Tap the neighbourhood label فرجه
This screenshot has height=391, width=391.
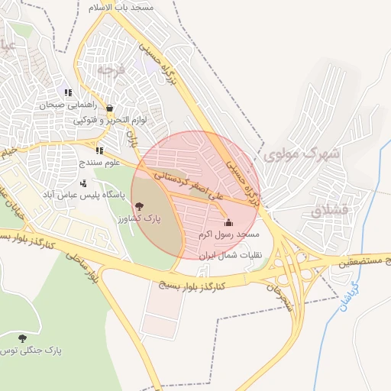pos(110,69)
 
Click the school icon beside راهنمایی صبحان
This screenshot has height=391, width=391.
pos(68,93)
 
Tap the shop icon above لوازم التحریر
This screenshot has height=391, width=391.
pos(111,108)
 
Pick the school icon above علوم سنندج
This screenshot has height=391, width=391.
pos(99,150)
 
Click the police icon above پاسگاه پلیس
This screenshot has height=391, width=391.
pos(83,183)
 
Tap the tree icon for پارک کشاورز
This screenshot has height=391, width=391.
pos(139,205)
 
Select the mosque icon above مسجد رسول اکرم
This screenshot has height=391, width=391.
pos(228,222)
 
